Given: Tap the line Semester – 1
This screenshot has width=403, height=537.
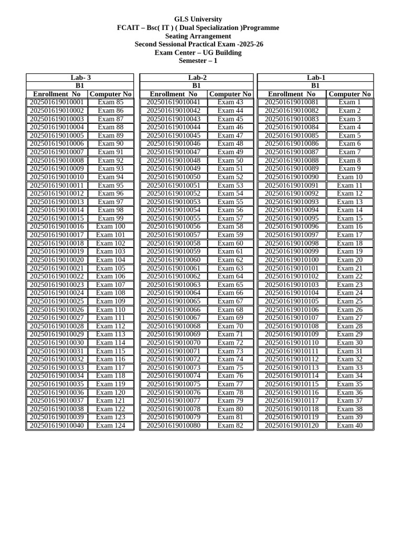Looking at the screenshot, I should tap(198, 61).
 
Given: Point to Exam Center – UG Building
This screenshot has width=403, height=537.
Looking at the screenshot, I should tap(198, 52).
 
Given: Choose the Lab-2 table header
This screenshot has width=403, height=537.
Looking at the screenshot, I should tap(197, 78).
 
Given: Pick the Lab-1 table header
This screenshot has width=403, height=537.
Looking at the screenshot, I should tap(315, 78).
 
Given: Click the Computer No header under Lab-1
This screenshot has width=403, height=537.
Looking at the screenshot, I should tap(349, 94).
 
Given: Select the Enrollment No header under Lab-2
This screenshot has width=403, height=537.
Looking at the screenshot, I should tap(174, 94).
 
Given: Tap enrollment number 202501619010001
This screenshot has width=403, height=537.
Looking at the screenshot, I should tap(57, 102).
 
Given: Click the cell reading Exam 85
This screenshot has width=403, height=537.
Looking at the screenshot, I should tap(111, 102).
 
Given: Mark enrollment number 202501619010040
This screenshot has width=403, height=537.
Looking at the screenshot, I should tap(57, 425).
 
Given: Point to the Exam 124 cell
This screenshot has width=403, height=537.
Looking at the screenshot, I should tap(111, 425).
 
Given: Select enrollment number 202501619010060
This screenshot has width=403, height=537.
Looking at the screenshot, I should tap(174, 260).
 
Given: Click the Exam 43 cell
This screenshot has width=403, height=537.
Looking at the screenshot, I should tap(230, 102).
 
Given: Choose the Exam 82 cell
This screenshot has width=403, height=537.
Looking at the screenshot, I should tap(230, 425).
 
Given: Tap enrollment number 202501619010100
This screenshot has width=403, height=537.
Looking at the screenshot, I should tap(292, 260).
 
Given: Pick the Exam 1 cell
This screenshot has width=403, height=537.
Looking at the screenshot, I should tap(349, 102).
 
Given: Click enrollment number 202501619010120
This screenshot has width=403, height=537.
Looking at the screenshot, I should tap(292, 425).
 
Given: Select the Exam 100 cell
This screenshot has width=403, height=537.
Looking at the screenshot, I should tap(111, 227).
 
